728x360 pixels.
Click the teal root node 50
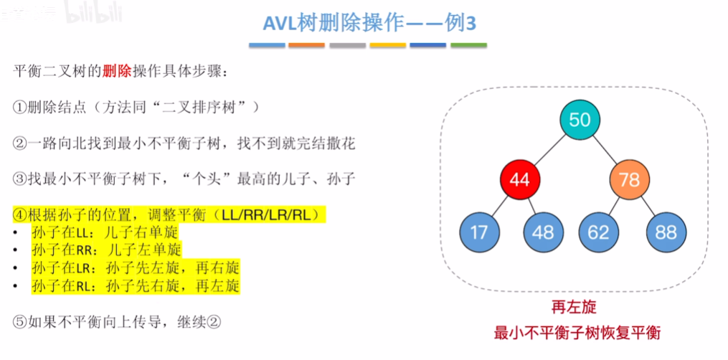[x=580, y=120]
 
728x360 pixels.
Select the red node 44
[x=519, y=179]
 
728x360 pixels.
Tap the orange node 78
[x=629, y=179]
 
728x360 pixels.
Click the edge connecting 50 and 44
[x=549, y=149]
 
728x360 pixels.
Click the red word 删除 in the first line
[x=116, y=72]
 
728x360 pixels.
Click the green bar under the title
[x=468, y=46]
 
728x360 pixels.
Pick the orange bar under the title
[x=307, y=46]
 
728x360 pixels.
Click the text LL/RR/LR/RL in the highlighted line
[x=275, y=214]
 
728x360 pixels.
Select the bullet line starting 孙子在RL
[x=136, y=285]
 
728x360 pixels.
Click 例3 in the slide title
[x=457, y=24]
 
